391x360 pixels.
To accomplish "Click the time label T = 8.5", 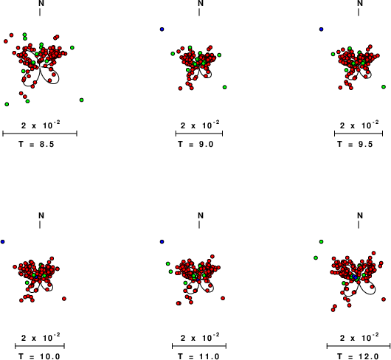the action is click(x=36, y=144).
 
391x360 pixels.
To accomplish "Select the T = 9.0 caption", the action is click(x=195, y=144).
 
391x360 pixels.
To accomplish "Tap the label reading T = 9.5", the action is click(x=355, y=144).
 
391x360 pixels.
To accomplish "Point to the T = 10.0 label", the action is click(x=39, y=356).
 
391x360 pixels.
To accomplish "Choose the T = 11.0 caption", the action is click(x=198, y=356).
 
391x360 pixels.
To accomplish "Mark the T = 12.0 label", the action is click(x=358, y=356).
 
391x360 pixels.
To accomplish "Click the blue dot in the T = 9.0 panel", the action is click(x=162, y=30).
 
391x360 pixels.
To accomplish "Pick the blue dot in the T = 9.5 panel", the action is click(x=321, y=30).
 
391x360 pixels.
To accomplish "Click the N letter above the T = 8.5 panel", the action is click(x=41, y=3).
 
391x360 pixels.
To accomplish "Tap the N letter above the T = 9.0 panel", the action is click(x=201, y=3).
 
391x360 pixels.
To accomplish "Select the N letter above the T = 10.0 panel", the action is click(x=41, y=215).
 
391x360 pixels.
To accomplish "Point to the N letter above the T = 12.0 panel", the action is click(x=360, y=215).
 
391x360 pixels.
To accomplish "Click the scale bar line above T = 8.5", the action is click(x=40, y=134).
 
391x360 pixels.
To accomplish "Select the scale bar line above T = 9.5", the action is click(x=359, y=134).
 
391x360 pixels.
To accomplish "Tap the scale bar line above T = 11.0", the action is click(x=199, y=346).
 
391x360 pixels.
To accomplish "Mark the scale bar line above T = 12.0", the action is click(x=359, y=346).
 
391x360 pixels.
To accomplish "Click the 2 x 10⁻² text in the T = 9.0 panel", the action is click(x=200, y=125).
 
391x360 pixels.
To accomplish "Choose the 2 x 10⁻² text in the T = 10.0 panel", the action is click(x=41, y=337).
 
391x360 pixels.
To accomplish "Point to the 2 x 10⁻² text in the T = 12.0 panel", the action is click(x=359, y=337).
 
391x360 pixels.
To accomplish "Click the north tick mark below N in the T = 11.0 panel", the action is click(x=199, y=224).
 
